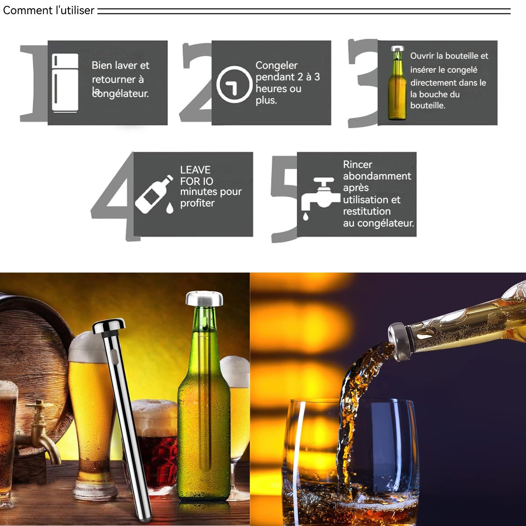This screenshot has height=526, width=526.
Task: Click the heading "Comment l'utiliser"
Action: click(49, 11)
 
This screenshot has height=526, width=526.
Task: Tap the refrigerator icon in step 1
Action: click(65, 83)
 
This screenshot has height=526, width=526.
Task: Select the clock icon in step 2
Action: click(234, 84)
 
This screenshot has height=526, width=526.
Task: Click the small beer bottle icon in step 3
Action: click(397, 83)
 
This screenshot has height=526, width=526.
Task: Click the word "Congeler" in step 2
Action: click(276, 65)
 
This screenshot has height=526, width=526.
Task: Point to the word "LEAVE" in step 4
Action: click(195, 170)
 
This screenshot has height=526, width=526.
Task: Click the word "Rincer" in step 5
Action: click(358, 164)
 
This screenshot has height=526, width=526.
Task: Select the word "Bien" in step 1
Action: click(102, 65)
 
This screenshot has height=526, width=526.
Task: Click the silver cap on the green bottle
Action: click(204, 298)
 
